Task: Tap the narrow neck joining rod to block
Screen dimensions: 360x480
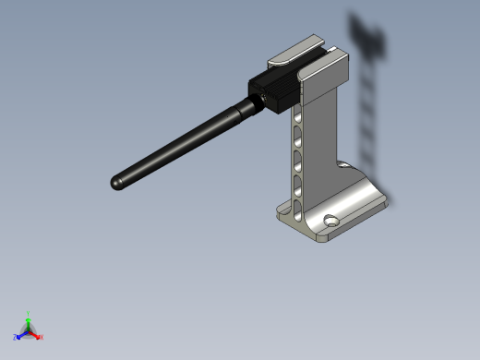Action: [x=246, y=108]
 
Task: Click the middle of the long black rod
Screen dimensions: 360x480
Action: [x=180, y=145]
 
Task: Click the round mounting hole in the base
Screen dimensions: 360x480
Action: [x=330, y=221]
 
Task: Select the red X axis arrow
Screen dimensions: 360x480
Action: [x=36, y=335]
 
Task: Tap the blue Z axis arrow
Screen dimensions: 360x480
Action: [x=20, y=334]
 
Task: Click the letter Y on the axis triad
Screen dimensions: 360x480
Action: [x=29, y=314]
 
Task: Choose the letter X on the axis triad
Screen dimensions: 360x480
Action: [x=42, y=337]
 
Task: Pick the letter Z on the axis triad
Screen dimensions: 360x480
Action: [x=15, y=338]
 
